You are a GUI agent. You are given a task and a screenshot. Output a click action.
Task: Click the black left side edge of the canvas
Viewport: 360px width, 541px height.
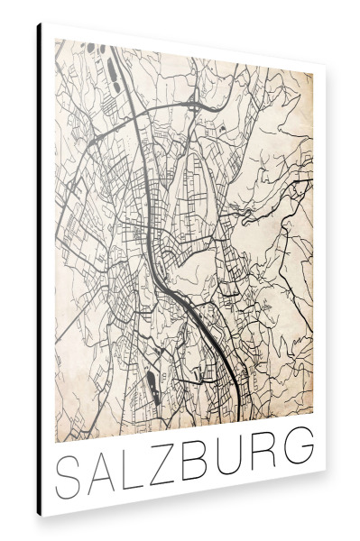coord(40,270)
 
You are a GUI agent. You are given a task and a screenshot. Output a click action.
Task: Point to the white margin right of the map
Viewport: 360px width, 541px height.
coord(318,270)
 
